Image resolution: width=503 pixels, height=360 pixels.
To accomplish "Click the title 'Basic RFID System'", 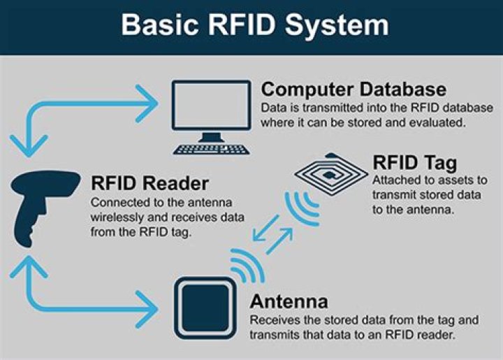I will [254, 24].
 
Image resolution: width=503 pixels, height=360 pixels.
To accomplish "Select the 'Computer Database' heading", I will [353, 90].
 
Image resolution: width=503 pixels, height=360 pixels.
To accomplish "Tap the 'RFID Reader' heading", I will [150, 183].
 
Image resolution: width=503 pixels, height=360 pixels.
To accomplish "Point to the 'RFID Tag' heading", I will [414, 163].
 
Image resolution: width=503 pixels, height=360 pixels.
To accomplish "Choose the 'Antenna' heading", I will [289, 302].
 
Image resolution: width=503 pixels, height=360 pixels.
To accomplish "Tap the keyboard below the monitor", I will [210, 148].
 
